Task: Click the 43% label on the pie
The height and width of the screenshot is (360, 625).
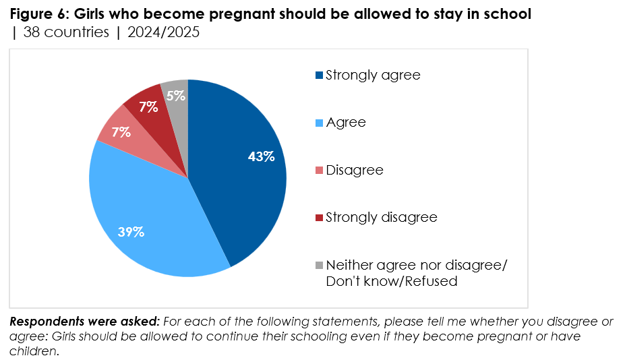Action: coord(261,156)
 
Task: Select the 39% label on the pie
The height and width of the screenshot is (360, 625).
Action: coord(131,232)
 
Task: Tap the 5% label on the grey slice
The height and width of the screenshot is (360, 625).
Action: coord(176,96)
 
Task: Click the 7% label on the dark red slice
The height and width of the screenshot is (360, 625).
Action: coord(148,107)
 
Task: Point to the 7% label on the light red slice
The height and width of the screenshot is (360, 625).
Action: coord(121,131)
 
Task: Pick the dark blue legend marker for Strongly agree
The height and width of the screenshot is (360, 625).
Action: coord(320,75)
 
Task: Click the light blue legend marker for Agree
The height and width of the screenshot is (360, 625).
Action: coord(320,123)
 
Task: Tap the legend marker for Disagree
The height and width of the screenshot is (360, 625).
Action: coord(320,171)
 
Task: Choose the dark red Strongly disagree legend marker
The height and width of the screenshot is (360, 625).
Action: coord(320,218)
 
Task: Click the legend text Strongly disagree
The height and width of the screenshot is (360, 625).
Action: coord(382,217)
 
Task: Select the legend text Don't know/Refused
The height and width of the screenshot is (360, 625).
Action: coord(392,281)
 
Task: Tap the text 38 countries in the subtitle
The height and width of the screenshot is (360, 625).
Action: coord(66,32)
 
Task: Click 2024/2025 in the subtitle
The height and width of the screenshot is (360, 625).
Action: coord(163,32)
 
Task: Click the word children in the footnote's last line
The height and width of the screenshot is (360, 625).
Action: coord(34,351)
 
